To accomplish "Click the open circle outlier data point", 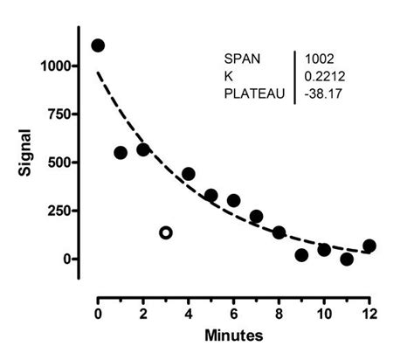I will click(x=166, y=232).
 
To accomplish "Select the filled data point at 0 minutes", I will click(x=98, y=45).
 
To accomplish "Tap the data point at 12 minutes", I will click(x=369, y=246).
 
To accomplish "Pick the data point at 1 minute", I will click(x=121, y=152).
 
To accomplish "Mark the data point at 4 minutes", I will click(x=189, y=174).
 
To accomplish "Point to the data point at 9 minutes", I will click(x=301, y=255).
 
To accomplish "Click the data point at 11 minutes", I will click(x=347, y=259).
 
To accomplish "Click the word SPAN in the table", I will click(x=243, y=59).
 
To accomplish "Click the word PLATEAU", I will click(x=254, y=92).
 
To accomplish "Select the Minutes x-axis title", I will click(x=235, y=335).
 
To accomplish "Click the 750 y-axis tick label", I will click(x=62, y=114).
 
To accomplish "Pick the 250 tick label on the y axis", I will click(x=62, y=211).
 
